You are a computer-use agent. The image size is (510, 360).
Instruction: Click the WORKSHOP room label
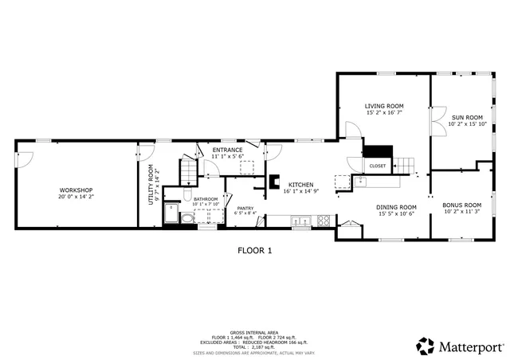click(x=76, y=190)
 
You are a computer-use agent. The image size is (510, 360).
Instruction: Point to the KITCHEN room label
click(x=300, y=184)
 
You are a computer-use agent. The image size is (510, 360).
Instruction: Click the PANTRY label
click(x=245, y=208)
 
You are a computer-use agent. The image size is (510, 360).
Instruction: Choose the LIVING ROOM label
click(x=384, y=106)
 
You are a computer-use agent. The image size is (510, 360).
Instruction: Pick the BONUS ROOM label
click(x=462, y=205)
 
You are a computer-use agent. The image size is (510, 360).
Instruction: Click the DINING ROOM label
click(x=397, y=207)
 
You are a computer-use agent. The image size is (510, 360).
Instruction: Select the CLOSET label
click(x=378, y=166)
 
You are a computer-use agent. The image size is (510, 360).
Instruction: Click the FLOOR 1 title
click(x=255, y=250)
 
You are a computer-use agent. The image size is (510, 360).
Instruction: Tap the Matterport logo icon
click(x=426, y=346)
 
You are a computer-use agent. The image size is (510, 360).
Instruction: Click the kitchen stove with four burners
click(x=324, y=220)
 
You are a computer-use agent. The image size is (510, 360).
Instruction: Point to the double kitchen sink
click(x=301, y=220)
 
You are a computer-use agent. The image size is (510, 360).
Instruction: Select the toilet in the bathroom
click(x=186, y=217)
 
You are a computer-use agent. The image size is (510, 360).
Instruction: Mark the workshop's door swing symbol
click(x=24, y=159)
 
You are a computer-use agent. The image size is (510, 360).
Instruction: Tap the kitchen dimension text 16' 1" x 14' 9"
click(x=300, y=191)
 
